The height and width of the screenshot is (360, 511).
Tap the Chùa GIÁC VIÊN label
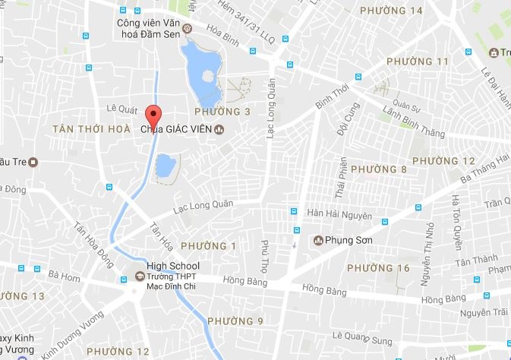(x=176, y=129)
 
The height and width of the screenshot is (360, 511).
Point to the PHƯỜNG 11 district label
(x=418, y=62)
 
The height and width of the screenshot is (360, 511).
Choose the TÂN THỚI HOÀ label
(x=91, y=129)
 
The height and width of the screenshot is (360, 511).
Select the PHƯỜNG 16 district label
(x=377, y=268)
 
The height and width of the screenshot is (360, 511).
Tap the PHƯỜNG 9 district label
(x=235, y=321)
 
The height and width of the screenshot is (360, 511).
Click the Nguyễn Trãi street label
(x=478, y=312)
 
